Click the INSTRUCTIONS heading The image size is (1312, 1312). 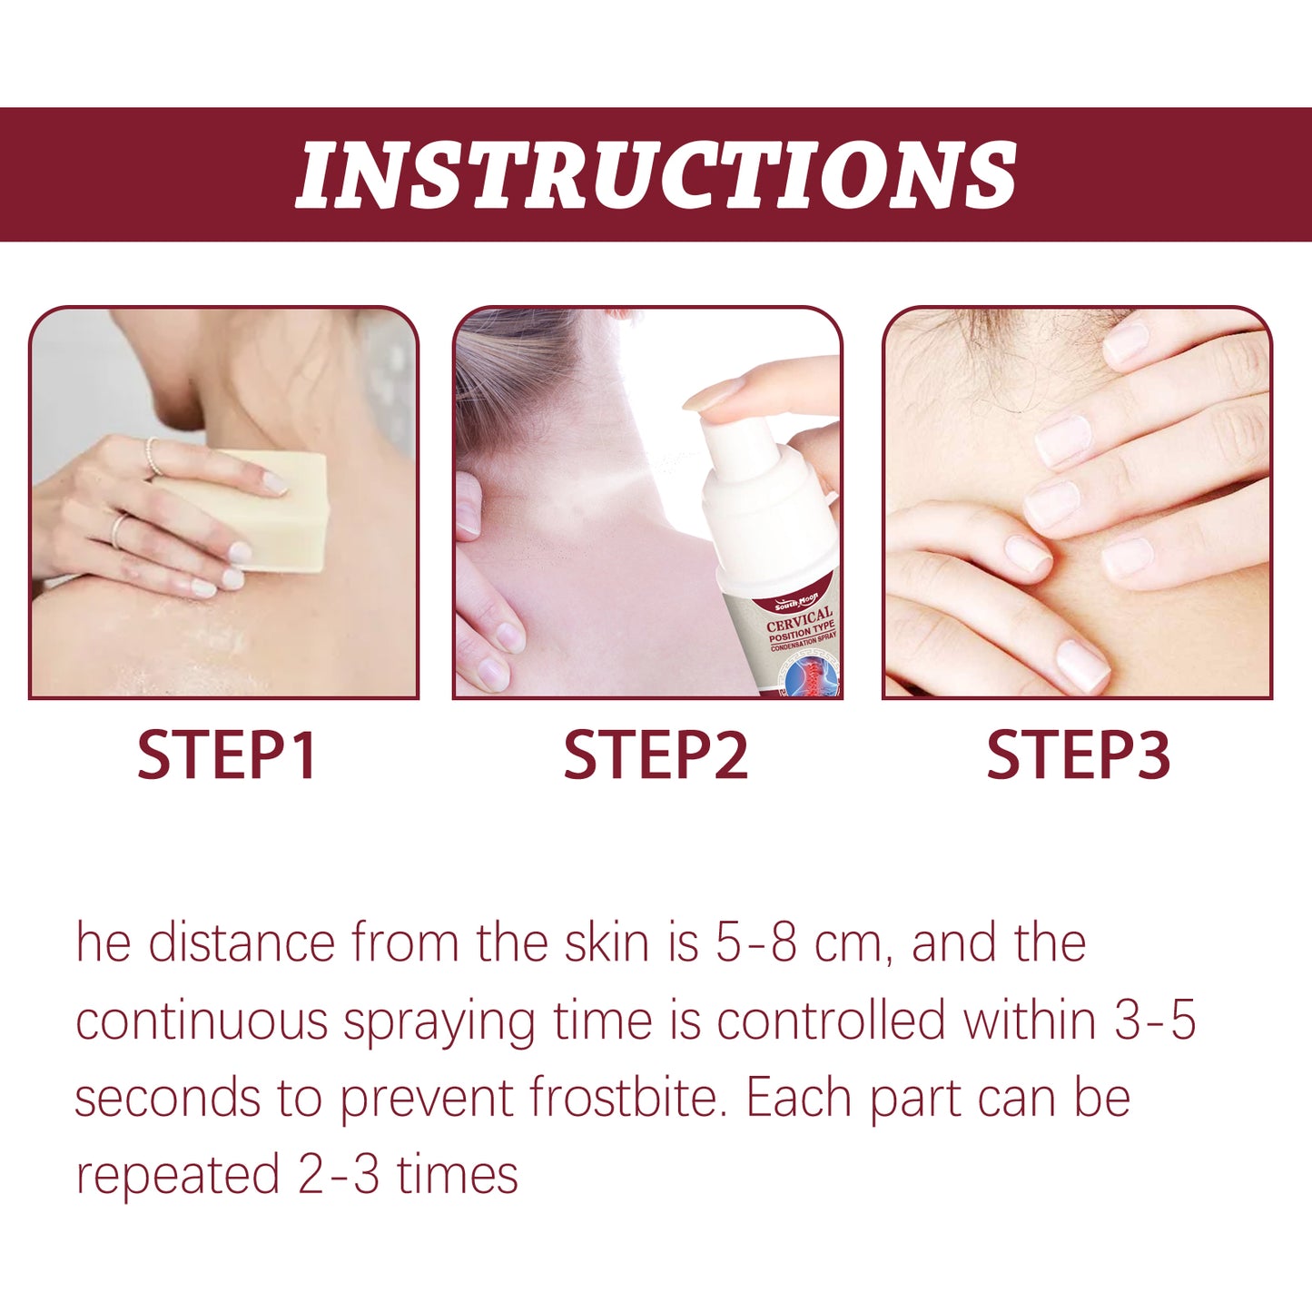pos(656,175)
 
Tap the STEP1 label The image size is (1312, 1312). pos(226,755)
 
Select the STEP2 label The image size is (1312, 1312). pos(655,755)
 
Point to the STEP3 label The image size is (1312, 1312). pos(1078,755)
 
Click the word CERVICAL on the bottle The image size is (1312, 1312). pos(799,619)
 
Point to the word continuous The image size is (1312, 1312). pos(201,1021)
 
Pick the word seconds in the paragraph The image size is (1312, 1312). pos(167,1098)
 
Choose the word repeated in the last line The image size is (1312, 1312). pos(177,1175)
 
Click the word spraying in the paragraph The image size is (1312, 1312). pos(439,1022)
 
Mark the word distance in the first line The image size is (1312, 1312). pos(242,943)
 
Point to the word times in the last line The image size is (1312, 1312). pos(458,1175)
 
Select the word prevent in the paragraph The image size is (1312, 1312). pos(426,1100)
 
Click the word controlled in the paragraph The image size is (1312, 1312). pos(831,1021)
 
